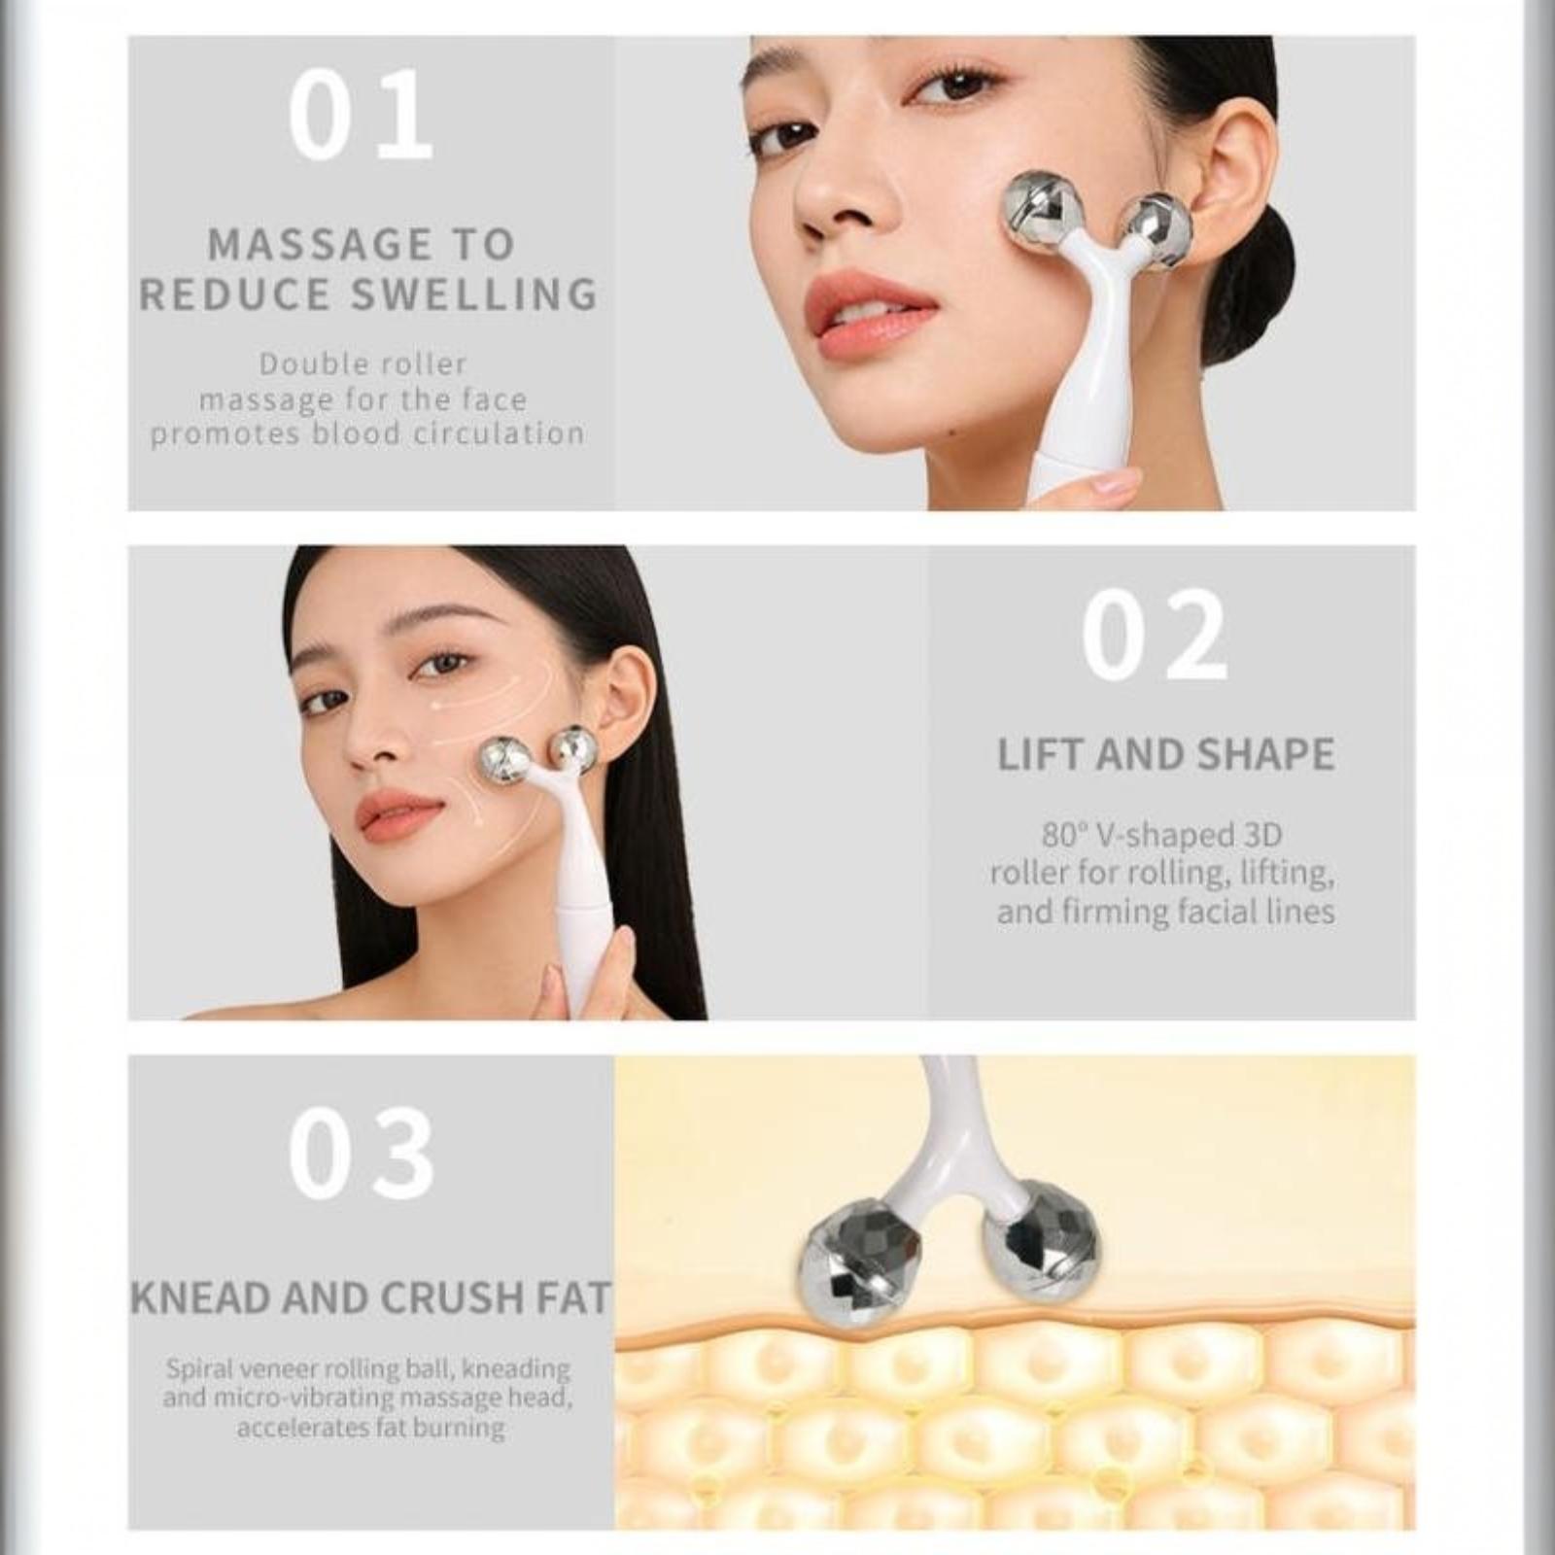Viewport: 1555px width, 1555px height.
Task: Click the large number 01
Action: tap(360, 115)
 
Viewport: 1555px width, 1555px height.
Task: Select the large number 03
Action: tap(361, 1154)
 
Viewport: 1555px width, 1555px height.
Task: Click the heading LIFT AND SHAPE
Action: tap(1166, 755)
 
